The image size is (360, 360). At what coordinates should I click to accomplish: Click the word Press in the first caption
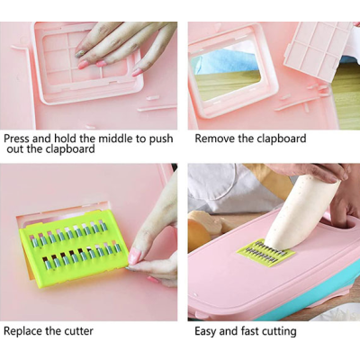point(19,139)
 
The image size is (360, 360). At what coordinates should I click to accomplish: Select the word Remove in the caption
point(216,139)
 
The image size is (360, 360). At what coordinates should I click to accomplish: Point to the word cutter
point(76,331)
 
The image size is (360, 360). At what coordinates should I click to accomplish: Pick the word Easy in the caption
point(209,331)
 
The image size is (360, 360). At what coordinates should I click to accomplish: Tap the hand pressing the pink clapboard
point(121,40)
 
